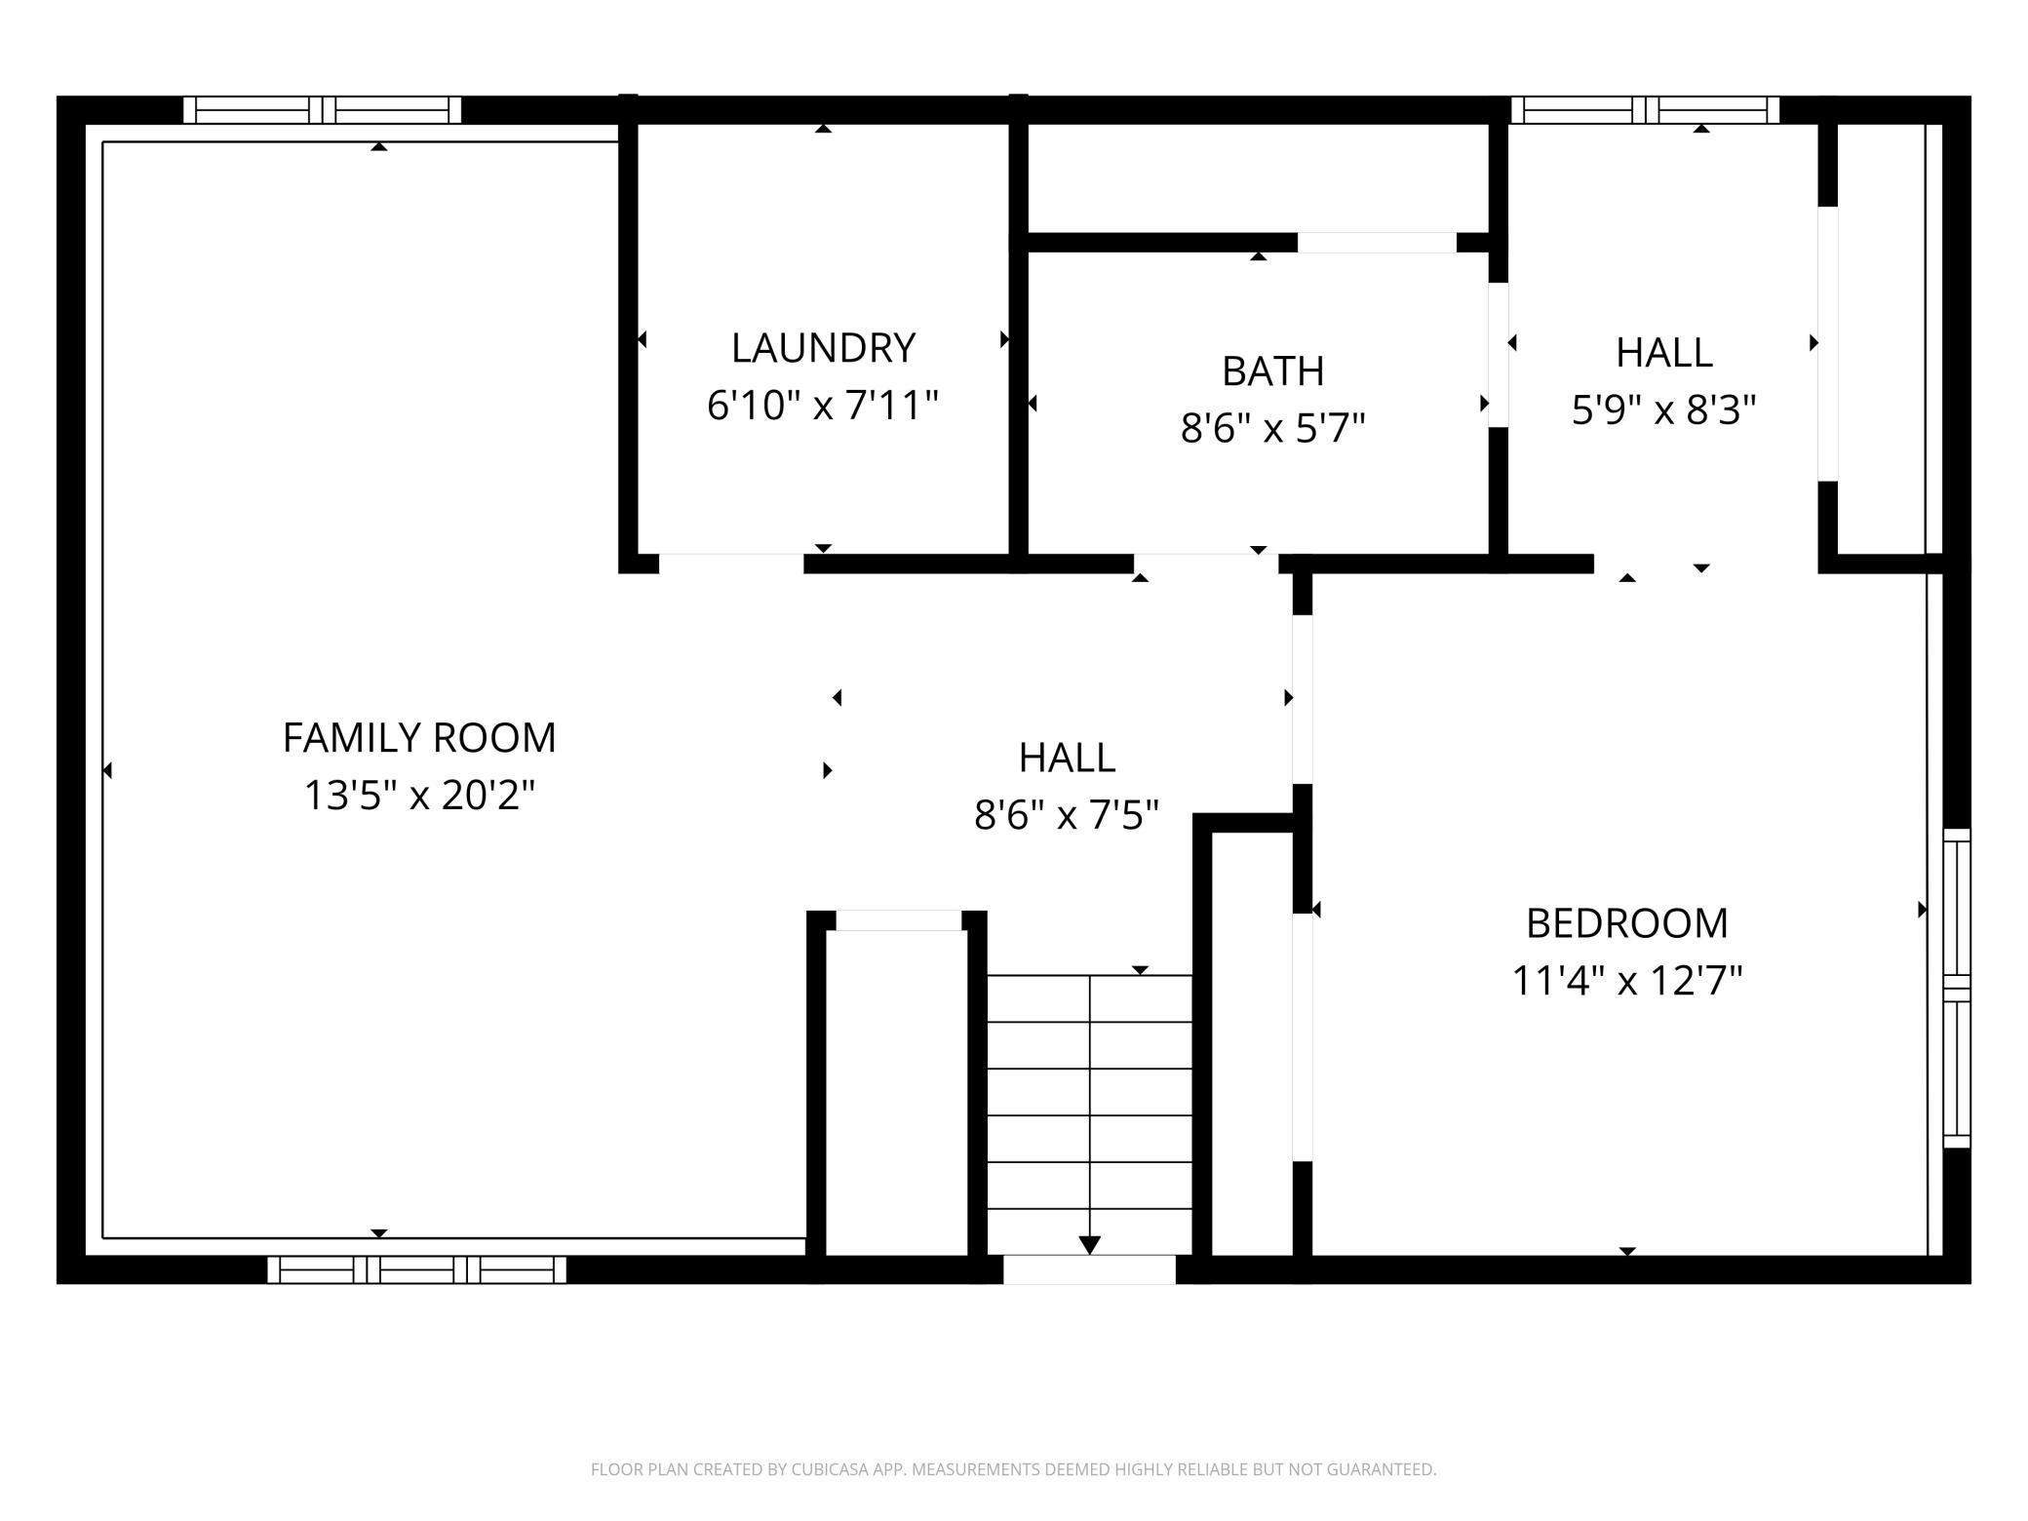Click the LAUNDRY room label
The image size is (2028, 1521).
tap(823, 348)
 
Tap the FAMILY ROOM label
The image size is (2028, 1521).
tap(419, 738)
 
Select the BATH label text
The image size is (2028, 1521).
tap(1272, 371)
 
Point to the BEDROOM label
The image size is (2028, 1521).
tap(1626, 923)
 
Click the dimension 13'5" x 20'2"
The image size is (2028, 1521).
tap(419, 796)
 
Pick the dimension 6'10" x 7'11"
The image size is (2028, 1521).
tap(823, 406)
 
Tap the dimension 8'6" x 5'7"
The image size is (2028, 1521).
tap(1272, 428)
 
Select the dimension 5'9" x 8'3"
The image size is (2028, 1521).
tap(1663, 410)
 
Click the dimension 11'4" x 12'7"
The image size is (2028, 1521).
tap(1626, 981)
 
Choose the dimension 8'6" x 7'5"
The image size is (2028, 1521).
tap(1067, 814)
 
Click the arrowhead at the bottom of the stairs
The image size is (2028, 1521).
tap(1089, 1245)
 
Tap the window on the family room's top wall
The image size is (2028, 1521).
tap(322, 110)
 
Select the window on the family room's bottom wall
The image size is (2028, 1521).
tap(416, 1269)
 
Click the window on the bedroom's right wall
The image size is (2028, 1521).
tap(1957, 988)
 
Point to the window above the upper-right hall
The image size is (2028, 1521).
tap(1645, 110)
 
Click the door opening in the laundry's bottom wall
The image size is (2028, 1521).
tap(731, 564)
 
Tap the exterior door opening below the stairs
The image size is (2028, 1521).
tap(1089, 1269)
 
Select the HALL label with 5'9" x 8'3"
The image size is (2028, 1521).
tap(1663, 353)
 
